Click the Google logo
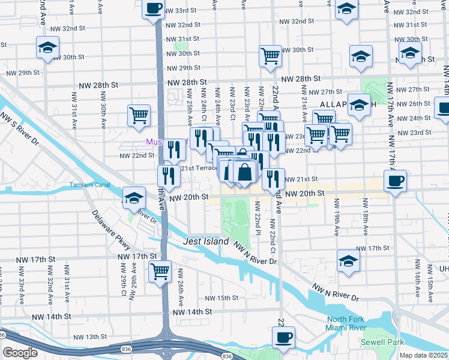coord(20,353)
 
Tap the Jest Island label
coord(206,241)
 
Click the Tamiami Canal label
coord(89,184)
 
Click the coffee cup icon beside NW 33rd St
coord(153,10)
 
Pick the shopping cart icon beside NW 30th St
coord(270,56)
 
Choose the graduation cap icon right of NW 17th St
coord(348,260)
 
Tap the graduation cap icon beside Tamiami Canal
coord(134,197)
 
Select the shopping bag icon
coord(245,172)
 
